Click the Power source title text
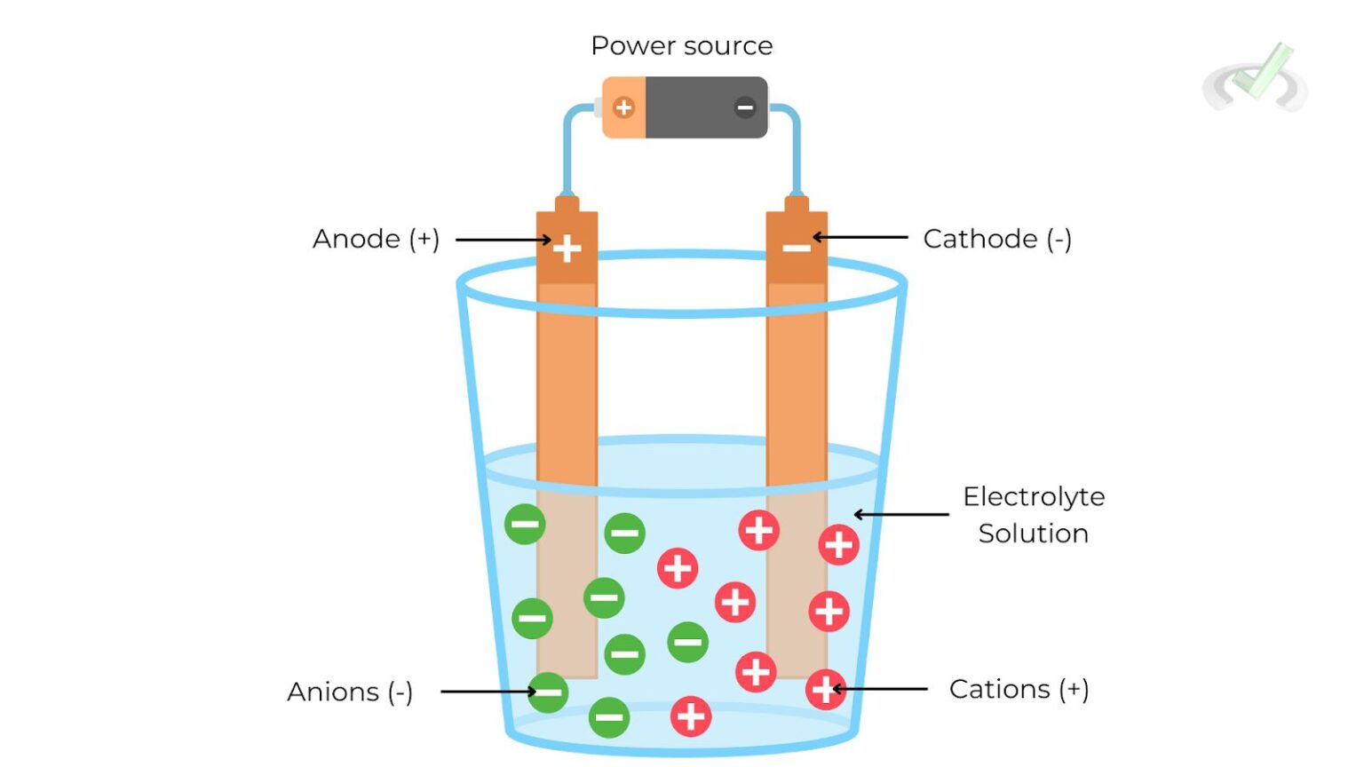681,46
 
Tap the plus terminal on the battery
624,107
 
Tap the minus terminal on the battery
744,107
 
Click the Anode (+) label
376,239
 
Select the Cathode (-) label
997,239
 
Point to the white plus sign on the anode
567,248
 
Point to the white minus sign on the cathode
797,248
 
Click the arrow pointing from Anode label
503,240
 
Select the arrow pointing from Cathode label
860,237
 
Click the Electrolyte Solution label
1034,515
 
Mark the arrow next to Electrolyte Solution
900,514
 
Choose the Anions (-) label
350,692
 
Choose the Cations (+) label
1019,689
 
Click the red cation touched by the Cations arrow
824,689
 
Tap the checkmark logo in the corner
1256,78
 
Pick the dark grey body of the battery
702,107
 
